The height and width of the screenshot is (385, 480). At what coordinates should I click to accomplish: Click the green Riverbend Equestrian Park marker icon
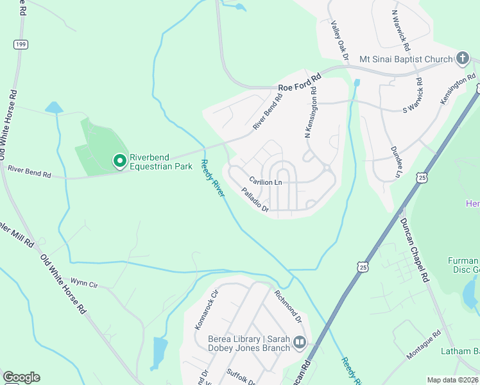[x=119, y=160]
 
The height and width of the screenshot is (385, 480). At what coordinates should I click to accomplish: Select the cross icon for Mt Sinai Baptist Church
[x=462, y=59]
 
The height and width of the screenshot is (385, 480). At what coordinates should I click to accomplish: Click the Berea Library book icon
[x=300, y=344]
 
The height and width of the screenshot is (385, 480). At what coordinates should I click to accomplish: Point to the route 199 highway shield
[x=21, y=44]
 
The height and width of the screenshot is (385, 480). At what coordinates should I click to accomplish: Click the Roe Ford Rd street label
[x=298, y=86]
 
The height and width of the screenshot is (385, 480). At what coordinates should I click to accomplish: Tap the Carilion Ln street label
[x=266, y=182]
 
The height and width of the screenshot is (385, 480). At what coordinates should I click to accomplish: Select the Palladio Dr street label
[x=255, y=199]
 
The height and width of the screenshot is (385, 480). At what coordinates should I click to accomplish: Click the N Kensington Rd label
[x=311, y=116]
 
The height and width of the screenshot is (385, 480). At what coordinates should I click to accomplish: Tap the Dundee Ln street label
[x=396, y=162]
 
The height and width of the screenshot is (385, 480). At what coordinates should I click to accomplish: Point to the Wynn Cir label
[x=84, y=282]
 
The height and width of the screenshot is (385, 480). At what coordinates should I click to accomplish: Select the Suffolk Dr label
[x=241, y=376]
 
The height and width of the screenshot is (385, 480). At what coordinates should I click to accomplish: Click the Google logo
[x=21, y=377]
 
